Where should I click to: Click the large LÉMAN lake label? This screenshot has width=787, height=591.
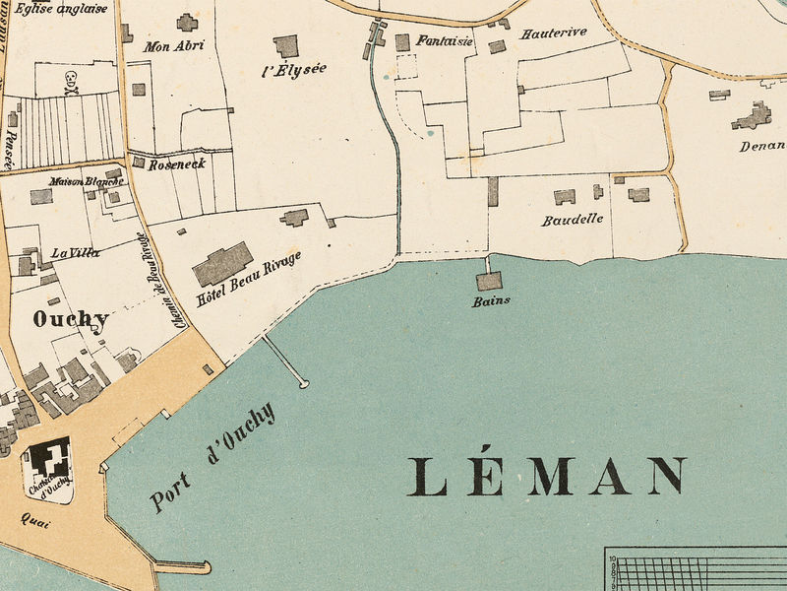click(x=547, y=476)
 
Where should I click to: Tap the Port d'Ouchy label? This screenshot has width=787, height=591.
click(x=212, y=458)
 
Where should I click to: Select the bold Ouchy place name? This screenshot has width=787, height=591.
click(x=70, y=319)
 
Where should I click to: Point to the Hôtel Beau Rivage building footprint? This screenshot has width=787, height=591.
click(x=222, y=264)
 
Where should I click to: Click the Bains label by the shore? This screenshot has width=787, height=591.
click(x=491, y=301)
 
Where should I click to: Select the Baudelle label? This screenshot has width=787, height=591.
click(x=573, y=220)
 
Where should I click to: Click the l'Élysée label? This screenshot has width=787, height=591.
click(x=294, y=69)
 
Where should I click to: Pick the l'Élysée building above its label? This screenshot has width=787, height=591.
click(x=286, y=45)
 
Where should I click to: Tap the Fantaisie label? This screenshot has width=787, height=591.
click(x=445, y=41)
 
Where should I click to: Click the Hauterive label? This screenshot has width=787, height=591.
click(x=554, y=33)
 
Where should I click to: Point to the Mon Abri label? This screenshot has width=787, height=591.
click(x=174, y=45)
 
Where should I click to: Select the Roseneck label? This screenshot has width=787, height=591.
click(x=177, y=164)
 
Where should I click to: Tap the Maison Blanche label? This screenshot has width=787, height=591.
click(x=87, y=181)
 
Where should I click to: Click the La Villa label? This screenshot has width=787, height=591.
click(x=76, y=253)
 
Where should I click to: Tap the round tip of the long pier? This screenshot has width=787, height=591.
click(x=304, y=383)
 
